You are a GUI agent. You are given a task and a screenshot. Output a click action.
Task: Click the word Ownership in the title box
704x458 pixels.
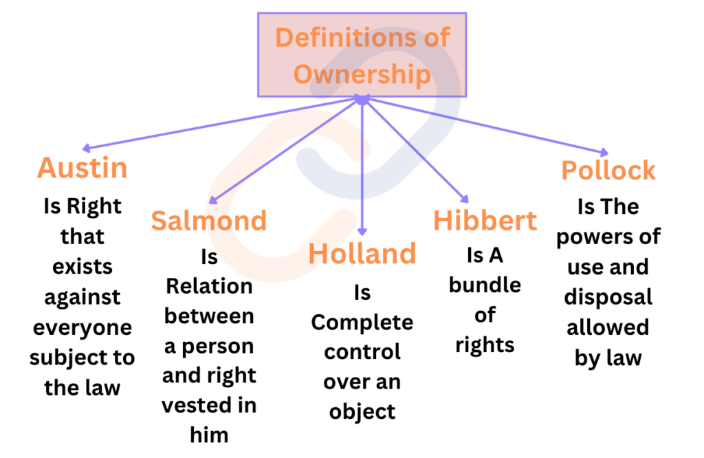point(362,74)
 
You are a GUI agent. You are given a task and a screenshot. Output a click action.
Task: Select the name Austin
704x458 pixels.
point(82,168)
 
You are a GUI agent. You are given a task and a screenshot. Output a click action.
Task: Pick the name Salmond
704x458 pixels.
point(209,221)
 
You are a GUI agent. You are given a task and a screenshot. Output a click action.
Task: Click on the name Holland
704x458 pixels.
point(362,254)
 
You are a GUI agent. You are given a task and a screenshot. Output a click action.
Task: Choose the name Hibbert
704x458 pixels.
point(485,221)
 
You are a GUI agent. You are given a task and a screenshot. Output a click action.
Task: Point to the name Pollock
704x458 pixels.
point(608,171)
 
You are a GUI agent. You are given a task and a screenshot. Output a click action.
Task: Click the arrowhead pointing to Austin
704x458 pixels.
point(86,149)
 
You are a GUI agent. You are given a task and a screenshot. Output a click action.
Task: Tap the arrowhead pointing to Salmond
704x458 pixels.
point(213,200)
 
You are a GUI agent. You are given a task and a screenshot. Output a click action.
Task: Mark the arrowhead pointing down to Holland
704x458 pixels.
point(362,232)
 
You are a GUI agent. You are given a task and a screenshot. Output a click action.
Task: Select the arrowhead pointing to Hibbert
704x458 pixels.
point(465,199)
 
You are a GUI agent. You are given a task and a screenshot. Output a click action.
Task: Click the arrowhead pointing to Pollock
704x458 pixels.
point(604,153)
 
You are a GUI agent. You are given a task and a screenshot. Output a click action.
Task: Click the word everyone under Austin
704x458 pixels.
point(82,328)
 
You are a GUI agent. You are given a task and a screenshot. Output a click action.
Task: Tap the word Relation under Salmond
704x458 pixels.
point(209,286)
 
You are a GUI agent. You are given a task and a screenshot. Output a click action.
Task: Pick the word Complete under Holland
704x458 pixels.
point(362,323)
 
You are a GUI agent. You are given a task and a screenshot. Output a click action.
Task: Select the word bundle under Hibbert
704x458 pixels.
point(485,285)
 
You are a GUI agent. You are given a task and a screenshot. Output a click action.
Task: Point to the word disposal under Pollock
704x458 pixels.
point(608,298)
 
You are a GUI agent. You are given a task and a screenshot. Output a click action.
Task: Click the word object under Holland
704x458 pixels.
point(362,412)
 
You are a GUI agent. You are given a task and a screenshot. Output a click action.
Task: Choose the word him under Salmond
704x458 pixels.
point(209,435)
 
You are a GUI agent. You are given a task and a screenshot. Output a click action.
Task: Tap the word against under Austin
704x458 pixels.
point(82,298)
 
